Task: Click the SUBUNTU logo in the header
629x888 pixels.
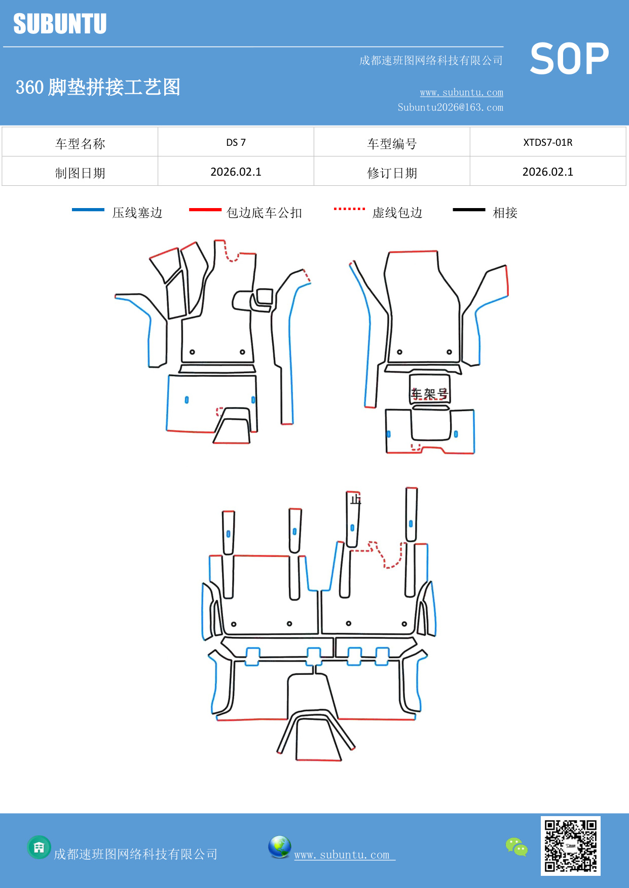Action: (60, 24)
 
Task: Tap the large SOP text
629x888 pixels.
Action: (569, 59)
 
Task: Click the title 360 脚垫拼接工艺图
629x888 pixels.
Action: (98, 87)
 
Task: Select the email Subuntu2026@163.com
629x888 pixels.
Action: (450, 107)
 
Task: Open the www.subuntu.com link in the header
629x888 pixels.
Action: (461, 92)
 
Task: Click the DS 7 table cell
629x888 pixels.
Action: (236, 142)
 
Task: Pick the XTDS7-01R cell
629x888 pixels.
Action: (547, 142)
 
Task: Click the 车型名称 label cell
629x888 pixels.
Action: (80, 144)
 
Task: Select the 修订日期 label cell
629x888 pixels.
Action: (392, 173)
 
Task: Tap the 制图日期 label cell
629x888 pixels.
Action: (80, 173)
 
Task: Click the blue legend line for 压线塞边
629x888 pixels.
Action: (88, 210)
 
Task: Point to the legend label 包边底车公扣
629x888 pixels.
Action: (264, 213)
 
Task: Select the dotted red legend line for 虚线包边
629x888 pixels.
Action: (349, 209)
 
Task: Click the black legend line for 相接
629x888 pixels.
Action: (469, 210)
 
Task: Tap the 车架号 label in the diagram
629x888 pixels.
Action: (429, 393)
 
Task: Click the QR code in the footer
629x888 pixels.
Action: (570, 845)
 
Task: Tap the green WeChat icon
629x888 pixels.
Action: (516, 847)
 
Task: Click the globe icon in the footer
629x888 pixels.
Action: (279, 847)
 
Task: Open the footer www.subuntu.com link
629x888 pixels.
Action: (342, 855)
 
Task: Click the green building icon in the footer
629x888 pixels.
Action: (39, 847)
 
